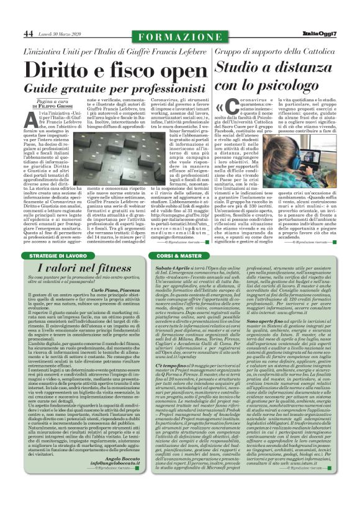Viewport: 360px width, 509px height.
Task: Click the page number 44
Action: coord(29,33)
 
